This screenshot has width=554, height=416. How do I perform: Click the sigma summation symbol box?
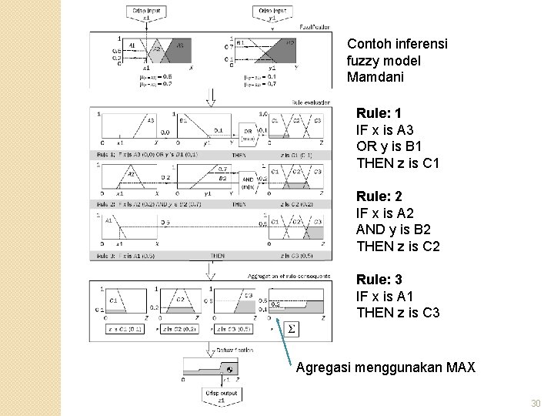291,329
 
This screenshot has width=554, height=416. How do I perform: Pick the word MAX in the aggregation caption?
459,367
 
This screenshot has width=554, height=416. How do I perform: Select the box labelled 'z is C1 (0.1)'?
125,329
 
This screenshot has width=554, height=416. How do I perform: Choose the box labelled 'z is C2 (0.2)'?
182,329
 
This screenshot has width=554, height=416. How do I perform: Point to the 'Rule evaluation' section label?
311,101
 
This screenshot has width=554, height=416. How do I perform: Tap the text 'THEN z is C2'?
398,247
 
